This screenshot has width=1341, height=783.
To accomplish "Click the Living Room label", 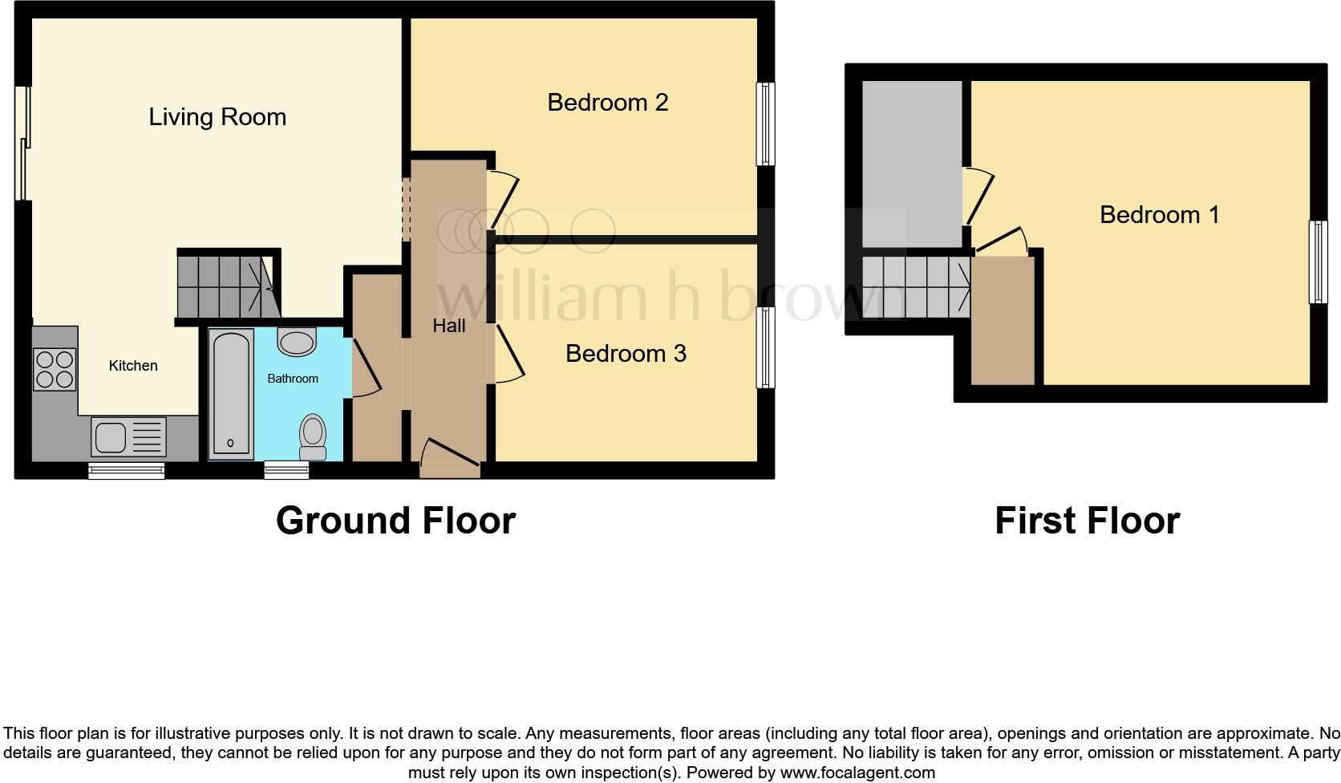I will [217, 117].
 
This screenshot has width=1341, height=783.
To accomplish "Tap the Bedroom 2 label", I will [607, 103].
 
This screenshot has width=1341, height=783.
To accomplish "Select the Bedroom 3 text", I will [626, 354].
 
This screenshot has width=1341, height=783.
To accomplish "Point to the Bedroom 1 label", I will [1159, 215].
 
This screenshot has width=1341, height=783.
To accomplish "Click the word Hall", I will [448, 326].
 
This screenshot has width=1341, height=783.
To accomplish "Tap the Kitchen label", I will [133, 366].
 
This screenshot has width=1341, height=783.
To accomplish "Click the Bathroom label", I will [293, 379].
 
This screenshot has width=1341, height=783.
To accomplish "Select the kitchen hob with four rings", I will [55, 369].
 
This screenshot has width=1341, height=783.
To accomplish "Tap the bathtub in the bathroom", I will [231, 395].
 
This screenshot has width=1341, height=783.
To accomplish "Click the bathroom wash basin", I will [296, 343].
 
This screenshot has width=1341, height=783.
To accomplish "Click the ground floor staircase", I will [226, 285].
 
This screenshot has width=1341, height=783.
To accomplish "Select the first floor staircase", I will [916, 286].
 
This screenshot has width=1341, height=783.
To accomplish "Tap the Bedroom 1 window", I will [1318, 262].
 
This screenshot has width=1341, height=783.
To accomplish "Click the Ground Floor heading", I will [395, 521].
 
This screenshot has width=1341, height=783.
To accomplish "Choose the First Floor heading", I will [1087, 521].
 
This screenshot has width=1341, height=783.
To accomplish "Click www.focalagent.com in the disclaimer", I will [857, 773].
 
